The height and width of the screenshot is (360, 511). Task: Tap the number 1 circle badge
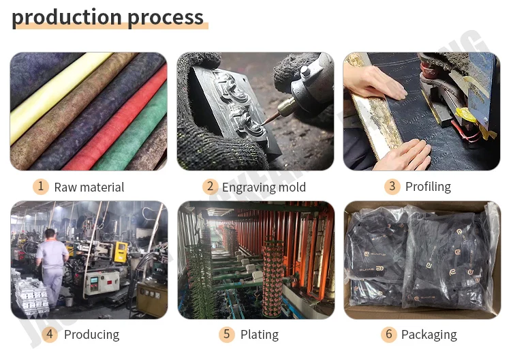(x=41, y=186)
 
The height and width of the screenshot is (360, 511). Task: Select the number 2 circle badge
(x=211, y=186)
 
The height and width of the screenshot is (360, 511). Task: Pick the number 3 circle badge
(x=392, y=186)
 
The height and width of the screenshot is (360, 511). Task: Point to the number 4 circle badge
(x=50, y=334)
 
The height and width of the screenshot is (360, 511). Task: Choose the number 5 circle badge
(x=227, y=334)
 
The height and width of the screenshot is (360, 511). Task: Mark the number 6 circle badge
(x=388, y=334)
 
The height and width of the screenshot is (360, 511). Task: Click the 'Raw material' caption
(x=89, y=187)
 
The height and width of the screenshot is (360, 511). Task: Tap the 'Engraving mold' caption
(x=264, y=187)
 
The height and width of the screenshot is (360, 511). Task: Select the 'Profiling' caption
(x=428, y=187)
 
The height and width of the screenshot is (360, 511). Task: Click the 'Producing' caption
(x=91, y=335)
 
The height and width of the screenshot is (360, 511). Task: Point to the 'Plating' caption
(x=259, y=335)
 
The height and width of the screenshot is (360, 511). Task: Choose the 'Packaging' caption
(x=429, y=335)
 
